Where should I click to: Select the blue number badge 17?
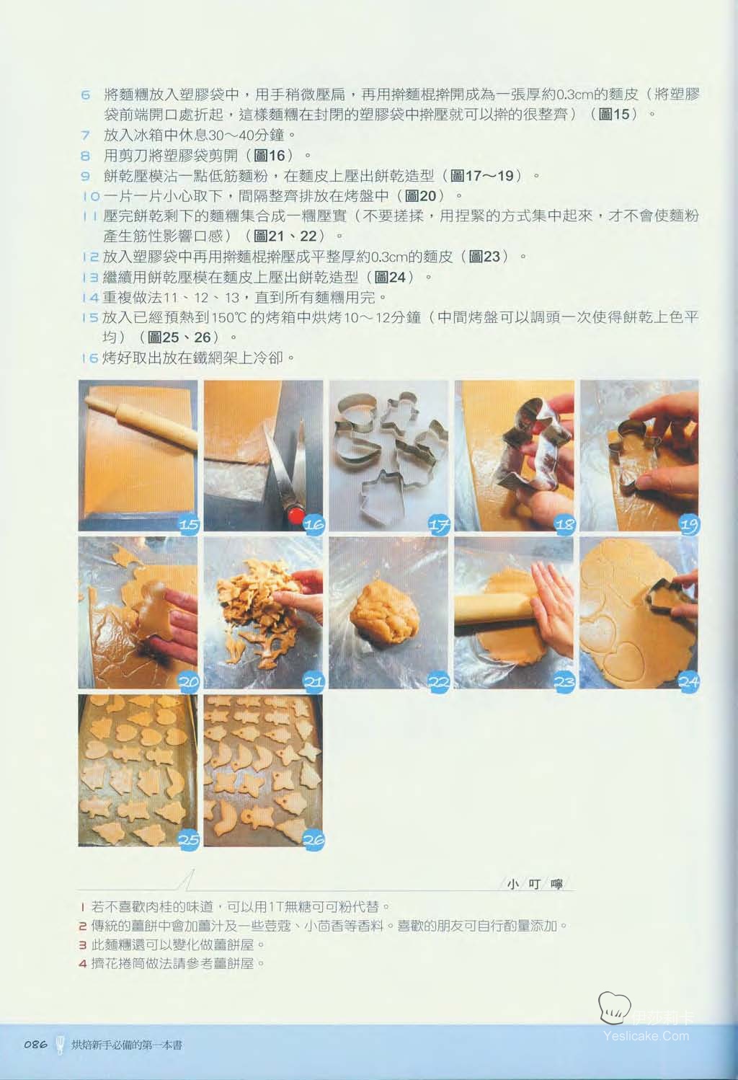point(439,524)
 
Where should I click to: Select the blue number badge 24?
point(689,681)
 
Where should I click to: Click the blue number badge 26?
point(314,839)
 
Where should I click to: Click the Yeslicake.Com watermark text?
point(646,1035)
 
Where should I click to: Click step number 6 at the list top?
point(86,94)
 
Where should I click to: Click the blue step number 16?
point(90,358)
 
